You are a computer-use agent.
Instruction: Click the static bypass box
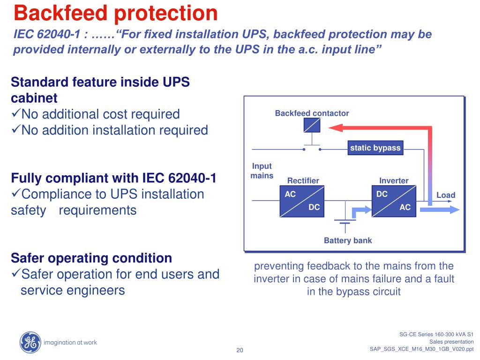point(375,148)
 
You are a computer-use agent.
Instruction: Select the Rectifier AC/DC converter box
point(302,201)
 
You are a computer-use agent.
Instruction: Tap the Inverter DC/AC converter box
point(393,201)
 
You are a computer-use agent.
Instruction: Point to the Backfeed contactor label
point(312,113)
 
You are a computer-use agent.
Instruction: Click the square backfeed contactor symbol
point(312,125)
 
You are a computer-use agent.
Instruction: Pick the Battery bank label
point(348,240)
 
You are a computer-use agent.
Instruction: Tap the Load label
point(446,195)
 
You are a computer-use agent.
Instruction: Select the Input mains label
point(262,171)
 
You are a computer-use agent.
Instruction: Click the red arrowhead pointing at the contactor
point(334,127)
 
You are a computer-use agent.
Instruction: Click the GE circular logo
point(30,342)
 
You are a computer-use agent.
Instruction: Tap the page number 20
point(240,351)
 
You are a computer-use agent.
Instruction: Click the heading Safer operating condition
point(91,258)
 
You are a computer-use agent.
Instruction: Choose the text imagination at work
point(70,342)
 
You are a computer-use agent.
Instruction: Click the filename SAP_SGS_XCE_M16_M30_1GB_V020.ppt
point(421,349)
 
